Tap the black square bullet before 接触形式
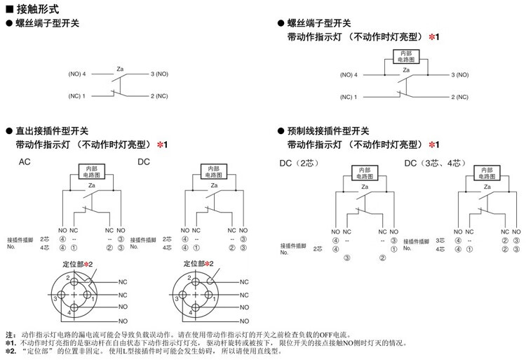click(x=8, y=10)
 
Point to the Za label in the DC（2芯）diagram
click(x=364, y=186)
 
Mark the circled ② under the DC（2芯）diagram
click(x=382, y=258)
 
